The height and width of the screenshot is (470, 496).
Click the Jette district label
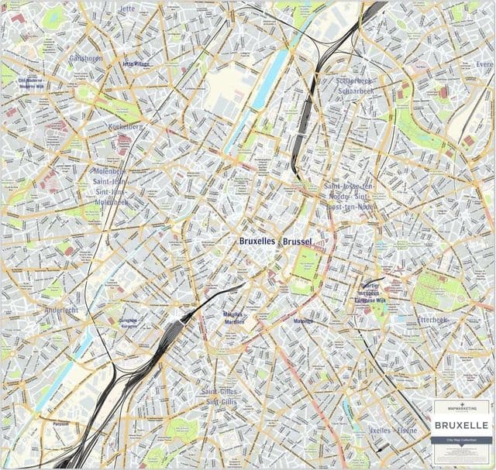(x=128, y=9)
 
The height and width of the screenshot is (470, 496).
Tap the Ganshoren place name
(x=87, y=58)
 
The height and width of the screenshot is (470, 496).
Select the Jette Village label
(x=136, y=64)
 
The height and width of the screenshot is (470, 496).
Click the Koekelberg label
(x=126, y=125)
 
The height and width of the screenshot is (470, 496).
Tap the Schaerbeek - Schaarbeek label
(x=355, y=85)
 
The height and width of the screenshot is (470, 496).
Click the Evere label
(x=484, y=64)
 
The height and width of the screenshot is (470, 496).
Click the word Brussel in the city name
(x=298, y=242)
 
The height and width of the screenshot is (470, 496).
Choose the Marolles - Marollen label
(x=233, y=317)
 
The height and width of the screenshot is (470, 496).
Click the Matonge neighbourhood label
(x=304, y=321)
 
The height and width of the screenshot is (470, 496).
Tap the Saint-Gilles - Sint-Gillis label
(x=220, y=396)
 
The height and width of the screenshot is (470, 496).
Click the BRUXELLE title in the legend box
(x=461, y=425)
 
